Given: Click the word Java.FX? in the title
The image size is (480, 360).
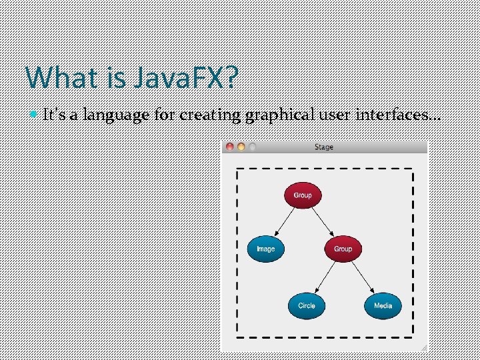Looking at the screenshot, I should click(185, 78).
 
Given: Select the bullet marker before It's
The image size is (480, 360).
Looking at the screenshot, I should click(35, 115).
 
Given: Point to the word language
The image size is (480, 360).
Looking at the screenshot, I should click(117, 115).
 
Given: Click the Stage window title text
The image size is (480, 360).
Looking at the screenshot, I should click(324, 147).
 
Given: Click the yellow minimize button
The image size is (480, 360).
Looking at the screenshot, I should click(241, 147).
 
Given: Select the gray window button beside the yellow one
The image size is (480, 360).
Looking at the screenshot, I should click(251, 147).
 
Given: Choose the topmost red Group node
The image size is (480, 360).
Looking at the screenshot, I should click(303, 195).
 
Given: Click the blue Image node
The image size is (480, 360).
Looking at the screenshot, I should click(265, 249).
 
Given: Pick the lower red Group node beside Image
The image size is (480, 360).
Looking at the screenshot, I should click(343, 249).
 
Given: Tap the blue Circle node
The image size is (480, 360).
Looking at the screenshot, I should click(307, 305).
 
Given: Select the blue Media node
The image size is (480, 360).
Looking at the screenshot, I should click(383, 305).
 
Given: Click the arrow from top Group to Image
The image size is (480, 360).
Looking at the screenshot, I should click(285, 221).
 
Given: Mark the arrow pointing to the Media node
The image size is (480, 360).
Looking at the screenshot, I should click(362, 277).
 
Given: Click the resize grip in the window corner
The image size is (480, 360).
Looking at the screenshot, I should click(423, 348).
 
